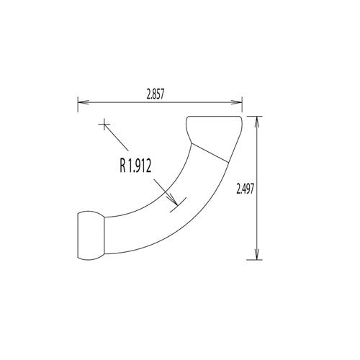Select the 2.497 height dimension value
[x=246, y=189]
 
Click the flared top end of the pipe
[x=215, y=130]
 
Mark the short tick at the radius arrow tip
[x=177, y=204]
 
